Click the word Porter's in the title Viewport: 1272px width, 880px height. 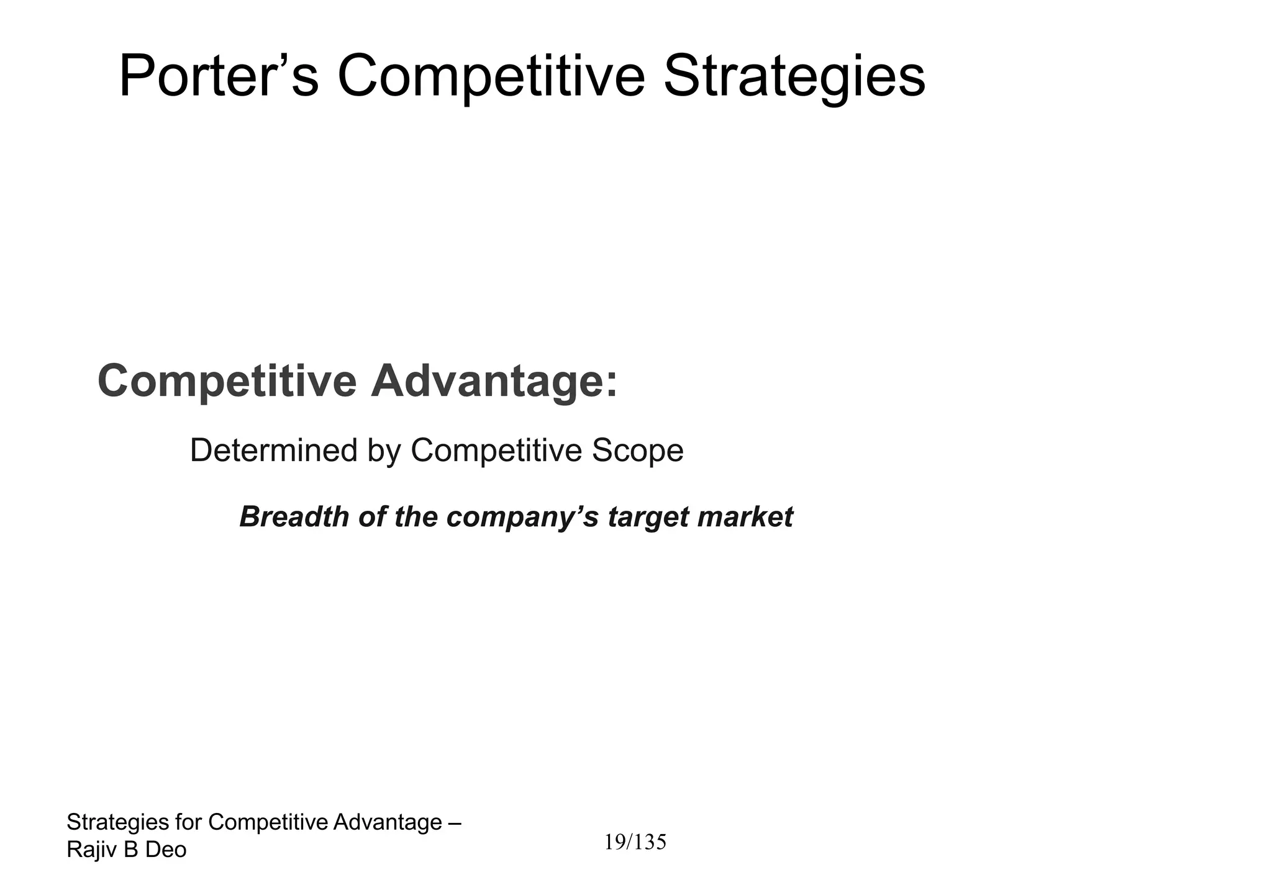point(218,76)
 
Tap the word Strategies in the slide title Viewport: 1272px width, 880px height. point(794,78)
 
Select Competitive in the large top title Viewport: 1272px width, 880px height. point(491,78)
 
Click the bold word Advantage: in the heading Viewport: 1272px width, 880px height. point(494,381)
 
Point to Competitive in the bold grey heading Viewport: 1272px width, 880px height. point(227,381)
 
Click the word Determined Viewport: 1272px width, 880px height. point(274,450)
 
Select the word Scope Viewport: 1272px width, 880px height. point(637,450)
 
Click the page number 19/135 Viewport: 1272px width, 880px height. point(635,842)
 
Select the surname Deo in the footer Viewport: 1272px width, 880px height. point(166,850)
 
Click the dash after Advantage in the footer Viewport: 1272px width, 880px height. point(454,822)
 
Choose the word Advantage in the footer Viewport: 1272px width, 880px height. point(388,822)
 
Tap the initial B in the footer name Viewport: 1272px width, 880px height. point(130,850)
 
